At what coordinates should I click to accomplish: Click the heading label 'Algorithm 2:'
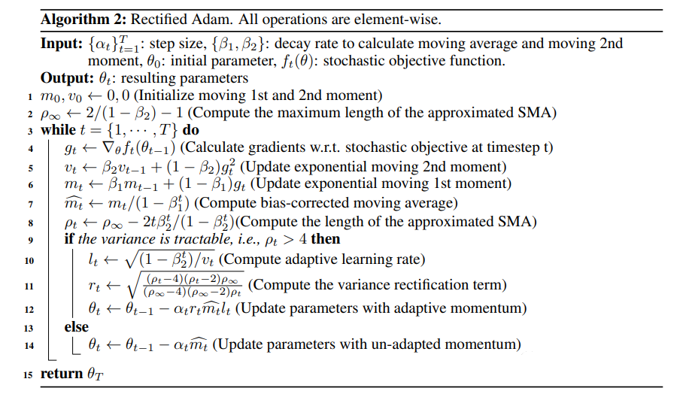(x=83, y=20)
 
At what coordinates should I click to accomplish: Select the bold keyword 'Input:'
(x=62, y=44)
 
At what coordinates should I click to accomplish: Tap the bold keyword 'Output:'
(x=67, y=78)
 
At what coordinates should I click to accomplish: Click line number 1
(x=30, y=97)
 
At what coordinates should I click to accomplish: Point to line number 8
(x=30, y=223)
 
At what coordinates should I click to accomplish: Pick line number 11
(x=29, y=286)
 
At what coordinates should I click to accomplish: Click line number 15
(x=28, y=374)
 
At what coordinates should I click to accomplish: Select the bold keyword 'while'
(x=58, y=130)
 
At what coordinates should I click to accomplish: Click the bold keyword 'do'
(x=191, y=130)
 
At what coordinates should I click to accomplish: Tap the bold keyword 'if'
(x=69, y=239)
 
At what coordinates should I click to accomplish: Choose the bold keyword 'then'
(x=326, y=239)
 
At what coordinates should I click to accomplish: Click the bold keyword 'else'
(x=77, y=327)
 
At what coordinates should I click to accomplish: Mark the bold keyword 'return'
(x=62, y=374)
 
